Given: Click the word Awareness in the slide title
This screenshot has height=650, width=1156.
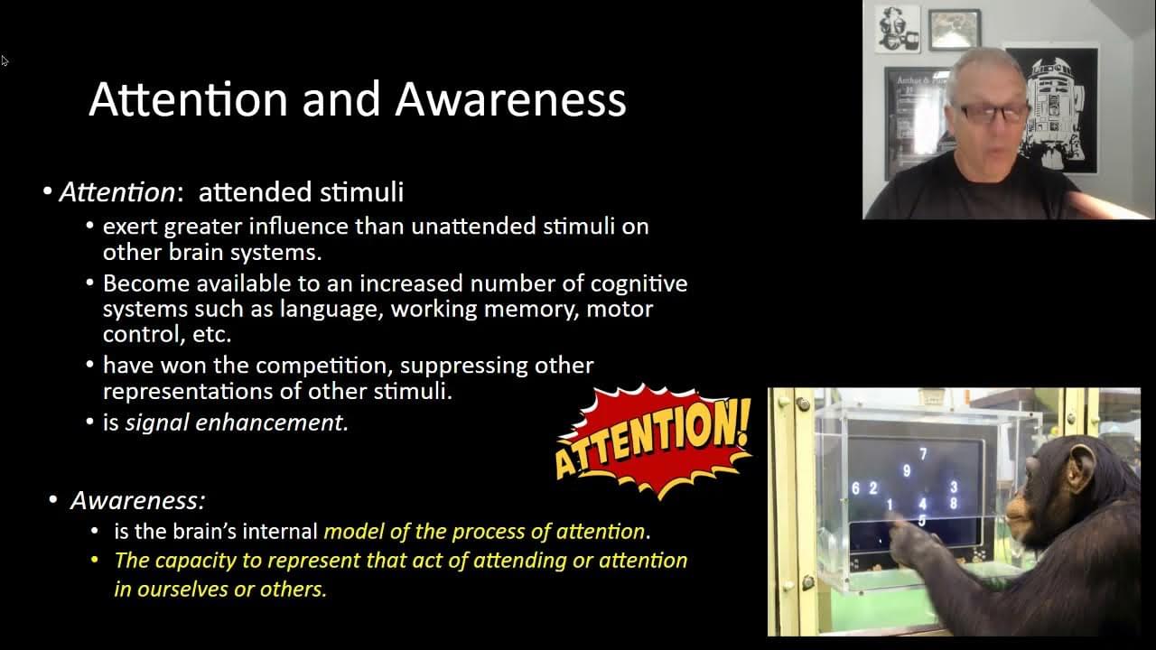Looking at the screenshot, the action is coord(511,99).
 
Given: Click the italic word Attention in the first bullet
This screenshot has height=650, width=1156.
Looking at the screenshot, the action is coord(117,192).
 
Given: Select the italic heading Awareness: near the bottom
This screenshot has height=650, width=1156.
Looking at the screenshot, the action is coord(138,500).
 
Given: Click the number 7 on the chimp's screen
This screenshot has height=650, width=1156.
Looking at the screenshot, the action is coord(923,454).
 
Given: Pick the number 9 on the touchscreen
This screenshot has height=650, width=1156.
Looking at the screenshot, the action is coord(907,470).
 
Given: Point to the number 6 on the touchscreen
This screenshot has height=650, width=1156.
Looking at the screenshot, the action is coord(855,488).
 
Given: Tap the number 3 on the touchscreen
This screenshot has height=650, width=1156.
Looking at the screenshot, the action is coord(954,487).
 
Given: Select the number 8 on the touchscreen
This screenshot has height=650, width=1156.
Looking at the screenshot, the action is coord(954,503).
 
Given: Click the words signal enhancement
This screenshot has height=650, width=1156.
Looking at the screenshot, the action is coord(235,422).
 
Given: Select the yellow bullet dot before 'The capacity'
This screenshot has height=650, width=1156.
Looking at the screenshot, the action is coord(94,559).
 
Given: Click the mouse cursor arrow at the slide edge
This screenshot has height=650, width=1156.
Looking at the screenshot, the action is coord(5,60).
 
